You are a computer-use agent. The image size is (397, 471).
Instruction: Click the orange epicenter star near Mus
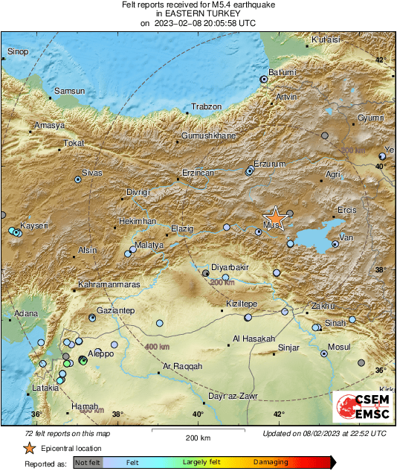pyautogui.click(x=275, y=217)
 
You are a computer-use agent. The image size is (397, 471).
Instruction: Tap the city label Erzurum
pyautogui.click(x=269, y=164)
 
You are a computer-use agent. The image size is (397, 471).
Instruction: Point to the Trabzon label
pyautogui.click(x=207, y=107)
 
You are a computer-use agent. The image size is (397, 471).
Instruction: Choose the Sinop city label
pyautogui.click(x=17, y=51)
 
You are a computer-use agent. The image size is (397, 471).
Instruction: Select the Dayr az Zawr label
pyautogui.click(x=232, y=397)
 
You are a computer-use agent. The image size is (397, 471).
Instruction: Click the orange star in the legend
pyautogui.click(x=29, y=449)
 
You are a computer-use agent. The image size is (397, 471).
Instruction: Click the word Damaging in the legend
pyautogui.click(x=271, y=462)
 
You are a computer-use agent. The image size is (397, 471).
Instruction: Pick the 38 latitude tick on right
pyautogui.click(x=380, y=270)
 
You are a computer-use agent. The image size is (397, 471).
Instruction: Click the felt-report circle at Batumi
pyautogui.click(x=263, y=79)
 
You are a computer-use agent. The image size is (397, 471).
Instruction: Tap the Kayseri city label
pyautogui.click(x=33, y=225)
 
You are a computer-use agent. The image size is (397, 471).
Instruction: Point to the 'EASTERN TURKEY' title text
pyautogui.click(x=198, y=13)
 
